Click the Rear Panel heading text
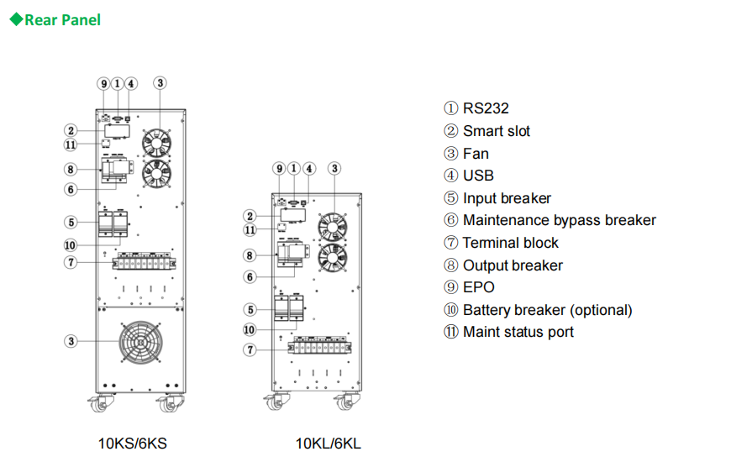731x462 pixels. click(x=62, y=19)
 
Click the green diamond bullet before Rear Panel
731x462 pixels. click(x=16, y=19)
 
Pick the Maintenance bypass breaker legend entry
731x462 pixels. click(x=550, y=220)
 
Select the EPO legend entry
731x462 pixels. click(x=470, y=287)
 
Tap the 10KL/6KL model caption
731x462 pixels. click(x=328, y=443)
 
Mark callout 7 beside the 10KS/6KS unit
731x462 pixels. click(x=71, y=262)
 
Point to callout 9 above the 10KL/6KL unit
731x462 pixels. click(x=280, y=169)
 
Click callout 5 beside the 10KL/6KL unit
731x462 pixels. click(x=250, y=310)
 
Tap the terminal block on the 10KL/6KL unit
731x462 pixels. click(x=320, y=346)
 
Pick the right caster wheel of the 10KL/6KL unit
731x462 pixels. click(x=344, y=403)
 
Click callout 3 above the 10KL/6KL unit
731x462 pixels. click(x=334, y=169)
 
